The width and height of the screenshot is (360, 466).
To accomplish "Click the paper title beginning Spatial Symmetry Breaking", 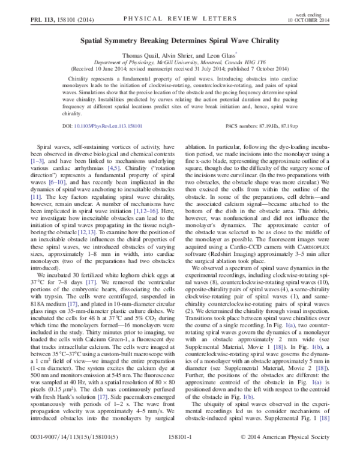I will [x=180, y=41].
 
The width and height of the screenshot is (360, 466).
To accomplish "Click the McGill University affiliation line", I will [x=180, y=61].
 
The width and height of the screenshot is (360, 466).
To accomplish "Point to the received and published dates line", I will [x=180, y=67].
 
